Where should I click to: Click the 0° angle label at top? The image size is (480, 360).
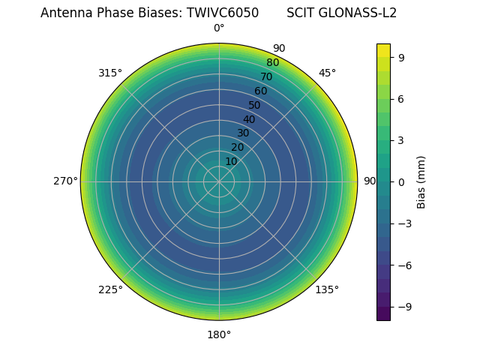click(219, 28)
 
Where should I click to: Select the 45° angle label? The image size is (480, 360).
click(327, 73)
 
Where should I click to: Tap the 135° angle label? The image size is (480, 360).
click(327, 289)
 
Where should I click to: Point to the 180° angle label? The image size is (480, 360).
click(219, 334)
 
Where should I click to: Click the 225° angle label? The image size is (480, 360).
click(110, 289)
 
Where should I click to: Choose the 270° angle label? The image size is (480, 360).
click(65, 181)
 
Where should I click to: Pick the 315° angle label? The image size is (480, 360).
click(110, 73)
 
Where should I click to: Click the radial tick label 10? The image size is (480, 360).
click(231, 161)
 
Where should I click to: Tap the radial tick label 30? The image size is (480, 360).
click(243, 133)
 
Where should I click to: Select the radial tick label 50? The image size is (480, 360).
click(255, 105)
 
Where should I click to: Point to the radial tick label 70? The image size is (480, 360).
click(266, 76)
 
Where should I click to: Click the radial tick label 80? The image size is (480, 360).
click(272, 63)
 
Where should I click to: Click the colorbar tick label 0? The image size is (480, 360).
click(401, 181)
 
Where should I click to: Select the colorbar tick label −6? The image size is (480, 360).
click(404, 265)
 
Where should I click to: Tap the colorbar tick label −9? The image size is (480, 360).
click(404, 306)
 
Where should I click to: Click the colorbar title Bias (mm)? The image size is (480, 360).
click(421, 181)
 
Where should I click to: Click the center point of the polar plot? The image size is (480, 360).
click(219, 181)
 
